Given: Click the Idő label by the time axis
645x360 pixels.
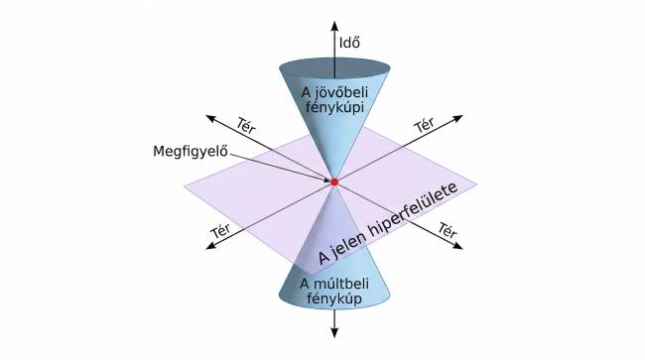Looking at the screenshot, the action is point(349,43).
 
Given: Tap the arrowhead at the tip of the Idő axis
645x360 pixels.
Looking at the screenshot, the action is point(334,26).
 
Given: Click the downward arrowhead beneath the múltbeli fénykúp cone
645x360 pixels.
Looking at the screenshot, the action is point(334,332).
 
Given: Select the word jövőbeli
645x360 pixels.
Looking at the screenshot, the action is point(341,93).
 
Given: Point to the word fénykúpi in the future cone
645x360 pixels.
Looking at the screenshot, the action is point(334,108).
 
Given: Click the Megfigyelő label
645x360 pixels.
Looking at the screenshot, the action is point(191,151).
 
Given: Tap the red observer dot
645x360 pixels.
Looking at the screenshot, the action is point(334,181).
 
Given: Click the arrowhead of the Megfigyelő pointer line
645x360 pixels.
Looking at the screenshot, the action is point(325,180).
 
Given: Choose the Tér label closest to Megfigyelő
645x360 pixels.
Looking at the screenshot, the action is point(246,125).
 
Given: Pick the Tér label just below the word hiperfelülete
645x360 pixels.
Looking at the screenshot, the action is point(448,230).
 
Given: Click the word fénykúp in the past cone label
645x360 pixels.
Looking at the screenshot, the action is point(334,299).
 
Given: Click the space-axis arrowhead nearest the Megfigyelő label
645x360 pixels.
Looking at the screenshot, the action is point(211,118).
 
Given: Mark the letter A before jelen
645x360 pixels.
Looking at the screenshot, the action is point(323,257).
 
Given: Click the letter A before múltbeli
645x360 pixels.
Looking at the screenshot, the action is point(305,284).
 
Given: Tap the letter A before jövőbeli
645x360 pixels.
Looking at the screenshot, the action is point(307,93).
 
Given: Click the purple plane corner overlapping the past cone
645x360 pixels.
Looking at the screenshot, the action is point(311,274).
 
